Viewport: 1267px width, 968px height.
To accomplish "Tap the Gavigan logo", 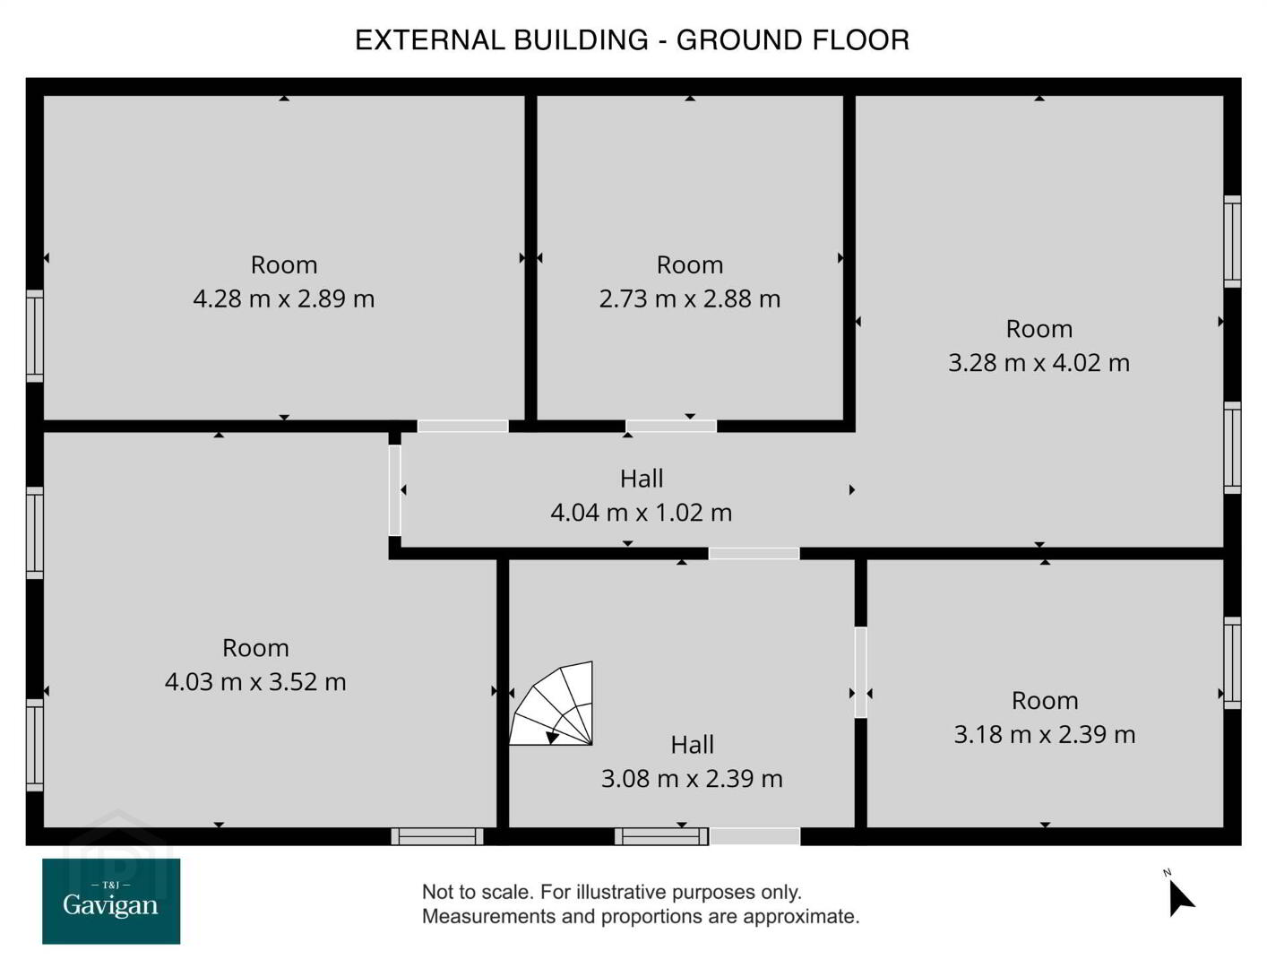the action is click(x=111, y=901).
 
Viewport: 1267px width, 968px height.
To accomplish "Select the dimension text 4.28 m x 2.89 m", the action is click(x=284, y=299).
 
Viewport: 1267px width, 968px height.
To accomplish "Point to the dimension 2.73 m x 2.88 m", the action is click(x=690, y=299).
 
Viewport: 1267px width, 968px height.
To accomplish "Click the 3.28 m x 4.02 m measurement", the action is click(x=1039, y=363).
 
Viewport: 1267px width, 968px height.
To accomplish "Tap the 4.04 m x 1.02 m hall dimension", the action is click(x=642, y=513).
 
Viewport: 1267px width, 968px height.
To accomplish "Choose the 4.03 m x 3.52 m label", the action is click(x=255, y=682).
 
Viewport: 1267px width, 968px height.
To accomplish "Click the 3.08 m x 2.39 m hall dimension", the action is click(x=692, y=779).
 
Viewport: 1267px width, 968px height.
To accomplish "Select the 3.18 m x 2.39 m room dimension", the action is click(x=1045, y=734).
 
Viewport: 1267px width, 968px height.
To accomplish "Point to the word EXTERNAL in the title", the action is click(x=430, y=39).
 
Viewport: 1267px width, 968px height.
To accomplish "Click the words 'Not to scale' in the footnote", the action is click(x=476, y=892).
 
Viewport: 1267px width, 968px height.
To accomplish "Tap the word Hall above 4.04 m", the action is click(x=642, y=479).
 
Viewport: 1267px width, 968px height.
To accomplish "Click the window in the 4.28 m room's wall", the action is click(x=35, y=336).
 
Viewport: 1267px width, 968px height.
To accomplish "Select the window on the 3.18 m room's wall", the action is click(x=1232, y=662).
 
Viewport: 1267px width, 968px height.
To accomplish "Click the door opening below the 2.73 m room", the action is click(x=671, y=426).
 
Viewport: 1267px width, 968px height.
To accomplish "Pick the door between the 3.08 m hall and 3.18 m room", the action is click(x=860, y=672).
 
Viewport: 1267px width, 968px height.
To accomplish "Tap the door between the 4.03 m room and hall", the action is click(x=395, y=490).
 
